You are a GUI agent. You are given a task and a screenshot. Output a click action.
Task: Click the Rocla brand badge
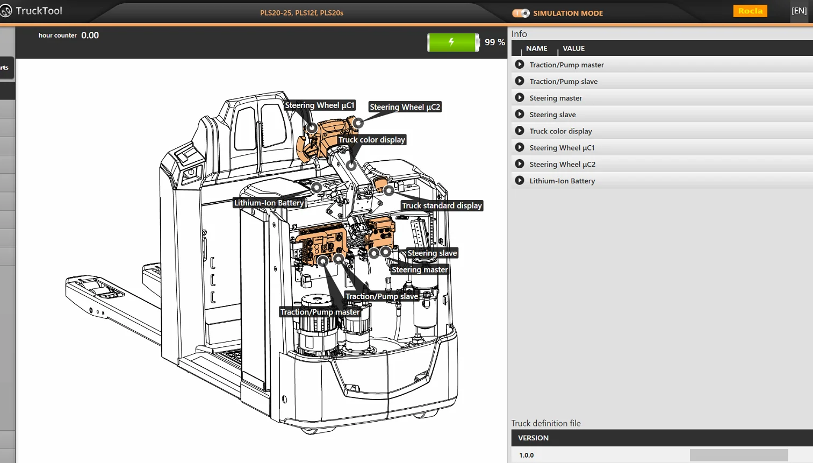click(x=750, y=11)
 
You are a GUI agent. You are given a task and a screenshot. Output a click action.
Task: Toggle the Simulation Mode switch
click(x=521, y=13)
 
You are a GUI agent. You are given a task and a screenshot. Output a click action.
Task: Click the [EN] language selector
click(x=799, y=11)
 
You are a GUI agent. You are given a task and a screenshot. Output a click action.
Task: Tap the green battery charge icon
click(x=452, y=42)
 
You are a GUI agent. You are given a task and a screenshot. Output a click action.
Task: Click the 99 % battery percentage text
click(x=494, y=42)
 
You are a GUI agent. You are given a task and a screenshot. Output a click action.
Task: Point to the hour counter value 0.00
click(x=90, y=35)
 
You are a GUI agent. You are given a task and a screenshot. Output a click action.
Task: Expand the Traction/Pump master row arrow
click(x=520, y=65)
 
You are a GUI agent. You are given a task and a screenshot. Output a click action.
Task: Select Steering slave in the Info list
click(x=552, y=115)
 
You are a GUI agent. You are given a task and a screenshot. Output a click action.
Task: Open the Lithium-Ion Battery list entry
click(x=562, y=181)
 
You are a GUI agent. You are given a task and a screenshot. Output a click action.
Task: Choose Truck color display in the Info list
click(x=560, y=131)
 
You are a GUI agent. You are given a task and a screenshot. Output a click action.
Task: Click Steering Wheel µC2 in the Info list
click(x=562, y=164)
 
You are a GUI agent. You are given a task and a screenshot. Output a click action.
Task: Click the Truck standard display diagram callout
click(x=442, y=205)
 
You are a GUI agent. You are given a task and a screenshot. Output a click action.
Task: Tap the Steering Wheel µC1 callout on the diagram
click(x=319, y=105)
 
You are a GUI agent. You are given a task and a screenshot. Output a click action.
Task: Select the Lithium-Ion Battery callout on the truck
click(x=269, y=203)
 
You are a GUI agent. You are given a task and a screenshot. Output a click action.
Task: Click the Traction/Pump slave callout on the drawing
click(x=382, y=296)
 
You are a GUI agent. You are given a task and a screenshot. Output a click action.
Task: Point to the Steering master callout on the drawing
click(x=420, y=269)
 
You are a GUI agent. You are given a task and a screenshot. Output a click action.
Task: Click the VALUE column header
click(x=573, y=48)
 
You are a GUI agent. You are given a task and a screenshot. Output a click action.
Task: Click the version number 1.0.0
click(x=527, y=455)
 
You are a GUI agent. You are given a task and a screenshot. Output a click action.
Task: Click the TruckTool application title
click(x=39, y=11)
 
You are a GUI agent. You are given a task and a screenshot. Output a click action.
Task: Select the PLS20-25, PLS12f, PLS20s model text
click(x=301, y=13)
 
